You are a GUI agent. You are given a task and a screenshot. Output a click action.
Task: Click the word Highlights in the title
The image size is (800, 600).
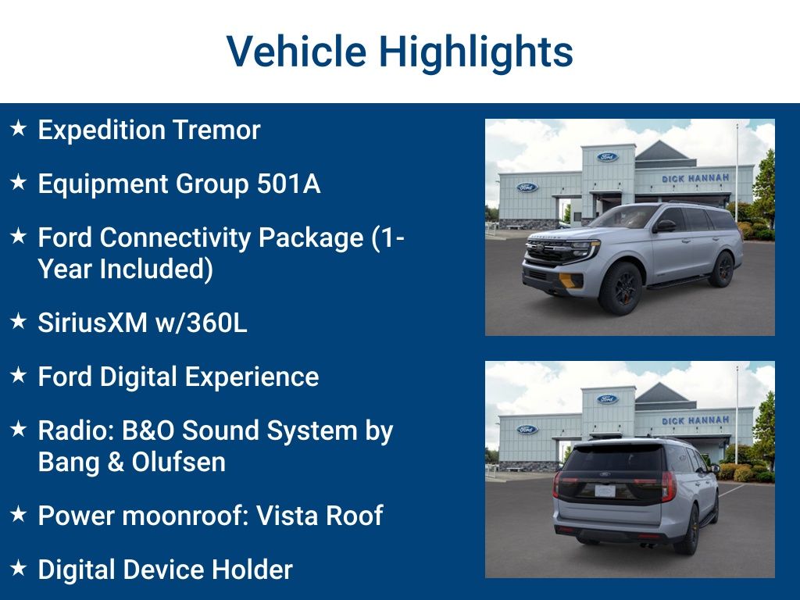(x=476, y=52)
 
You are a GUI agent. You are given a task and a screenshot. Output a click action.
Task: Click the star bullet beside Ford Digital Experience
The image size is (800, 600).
(x=19, y=376)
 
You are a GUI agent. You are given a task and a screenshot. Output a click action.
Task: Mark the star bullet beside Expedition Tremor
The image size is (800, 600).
(x=19, y=129)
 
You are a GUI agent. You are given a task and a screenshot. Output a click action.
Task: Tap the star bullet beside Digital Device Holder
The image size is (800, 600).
(x=19, y=569)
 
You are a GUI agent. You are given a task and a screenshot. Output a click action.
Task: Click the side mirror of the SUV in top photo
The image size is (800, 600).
(x=664, y=226)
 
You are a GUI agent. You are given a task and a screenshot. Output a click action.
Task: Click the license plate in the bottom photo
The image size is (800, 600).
(x=605, y=491)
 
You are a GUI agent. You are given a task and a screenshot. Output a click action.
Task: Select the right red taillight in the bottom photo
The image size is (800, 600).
(x=667, y=486)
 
